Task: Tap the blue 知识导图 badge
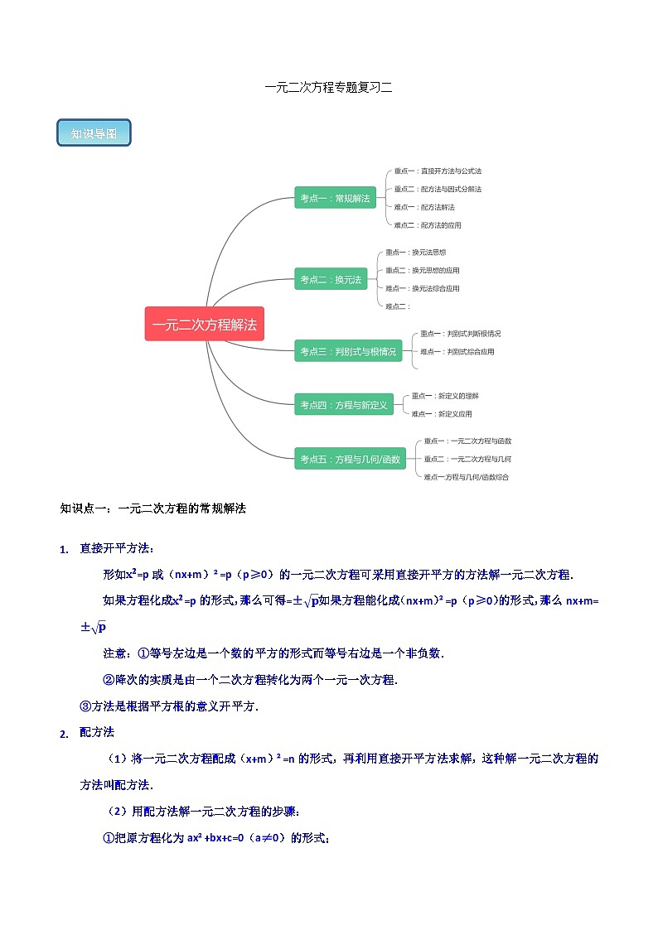(94, 133)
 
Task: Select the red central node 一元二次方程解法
(204, 325)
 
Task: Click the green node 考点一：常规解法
(335, 198)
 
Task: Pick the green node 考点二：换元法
(331, 280)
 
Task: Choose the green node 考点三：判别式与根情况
(347, 352)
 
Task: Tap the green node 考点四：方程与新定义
(343, 405)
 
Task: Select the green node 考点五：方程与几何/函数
(350, 459)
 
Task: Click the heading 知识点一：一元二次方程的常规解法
(153, 508)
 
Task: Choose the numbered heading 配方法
(97, 732)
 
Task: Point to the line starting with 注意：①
(273, 653)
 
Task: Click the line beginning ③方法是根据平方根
(168, 706)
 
